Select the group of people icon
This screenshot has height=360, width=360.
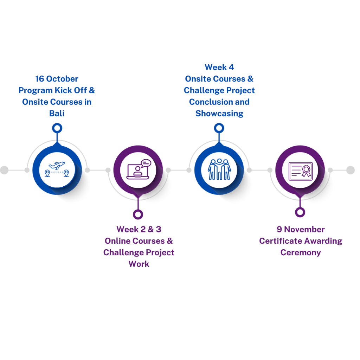click(219, 169)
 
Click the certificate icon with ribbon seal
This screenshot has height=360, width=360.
click(300, 171)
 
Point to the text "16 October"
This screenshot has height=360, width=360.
click(57, 79)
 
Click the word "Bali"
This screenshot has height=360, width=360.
click(57, 114)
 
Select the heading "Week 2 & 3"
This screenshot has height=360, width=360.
click(139, 230)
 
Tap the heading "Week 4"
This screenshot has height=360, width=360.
click(219, 67)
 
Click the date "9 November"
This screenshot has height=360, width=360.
click(301, 230)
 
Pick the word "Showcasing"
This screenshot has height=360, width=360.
click(219, 114)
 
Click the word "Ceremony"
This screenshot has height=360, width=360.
click(301, 253)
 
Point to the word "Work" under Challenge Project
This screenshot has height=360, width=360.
click(139, 264)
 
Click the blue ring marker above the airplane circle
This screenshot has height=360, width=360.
click(57, 128)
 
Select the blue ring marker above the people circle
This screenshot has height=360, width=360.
click(219, 128)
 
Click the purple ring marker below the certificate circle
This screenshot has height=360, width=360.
click(300, 212)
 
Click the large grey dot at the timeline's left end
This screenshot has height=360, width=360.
click(4, 170)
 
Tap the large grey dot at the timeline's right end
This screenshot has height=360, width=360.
click(351, 170)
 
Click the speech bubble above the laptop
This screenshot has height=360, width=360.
click(146, 163)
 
